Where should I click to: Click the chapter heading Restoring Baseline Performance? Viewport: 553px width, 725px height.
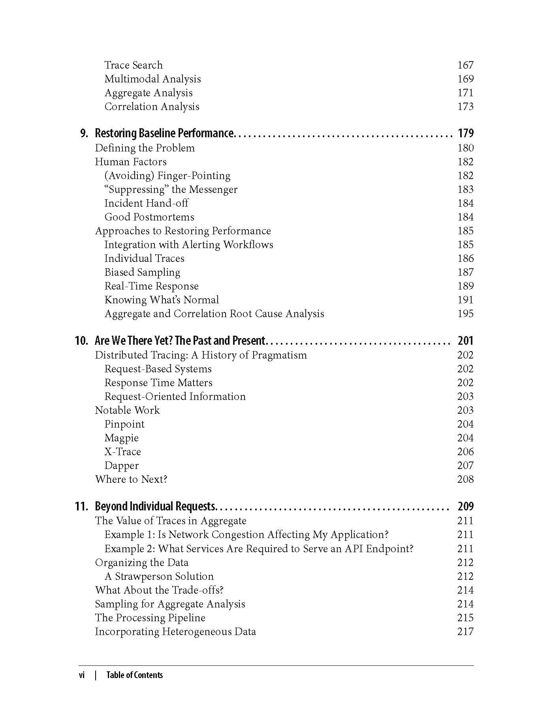(165, 133)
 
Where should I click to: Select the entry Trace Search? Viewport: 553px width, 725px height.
(134, 65)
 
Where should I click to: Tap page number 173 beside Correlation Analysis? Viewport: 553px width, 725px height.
(465, 107)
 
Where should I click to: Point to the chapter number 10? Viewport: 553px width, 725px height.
(81, 340)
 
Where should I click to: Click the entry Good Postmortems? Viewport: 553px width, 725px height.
(149, 217)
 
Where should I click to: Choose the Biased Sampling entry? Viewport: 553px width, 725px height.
(142, 272)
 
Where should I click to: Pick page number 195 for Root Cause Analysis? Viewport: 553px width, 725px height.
(465, 314)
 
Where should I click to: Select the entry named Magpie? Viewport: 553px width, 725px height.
(121, 438)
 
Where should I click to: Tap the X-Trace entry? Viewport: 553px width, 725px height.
(122, 452)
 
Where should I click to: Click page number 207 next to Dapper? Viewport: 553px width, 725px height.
(465, 465)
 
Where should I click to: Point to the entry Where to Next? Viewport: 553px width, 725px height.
(131, 479)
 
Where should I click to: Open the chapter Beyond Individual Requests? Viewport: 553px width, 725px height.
(155, 506)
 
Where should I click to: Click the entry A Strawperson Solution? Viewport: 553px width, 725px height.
(159, 576)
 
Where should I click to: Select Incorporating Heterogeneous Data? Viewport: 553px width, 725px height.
(175, 632)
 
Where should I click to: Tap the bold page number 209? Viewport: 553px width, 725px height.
(465, 506)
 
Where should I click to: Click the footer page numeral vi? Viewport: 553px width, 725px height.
(82, 675)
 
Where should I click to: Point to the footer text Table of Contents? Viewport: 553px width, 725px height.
(134, 675)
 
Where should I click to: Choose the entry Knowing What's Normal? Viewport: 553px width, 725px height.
(162, 300)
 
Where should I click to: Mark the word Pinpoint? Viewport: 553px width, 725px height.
(124, 424)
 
